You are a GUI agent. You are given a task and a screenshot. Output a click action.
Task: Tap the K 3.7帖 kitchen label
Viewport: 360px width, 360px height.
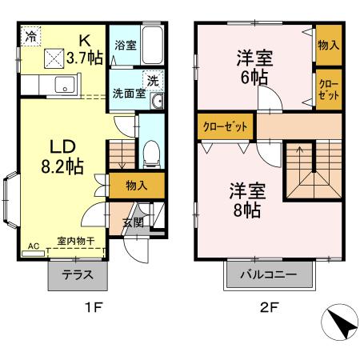pyautogui.click(x=84, y=49)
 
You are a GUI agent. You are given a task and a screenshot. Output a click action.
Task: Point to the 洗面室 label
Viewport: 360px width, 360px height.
pyautogui.click(x=128, y=91)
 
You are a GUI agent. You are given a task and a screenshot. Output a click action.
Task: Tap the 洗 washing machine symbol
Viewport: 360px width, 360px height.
pyautogui.click(x=152, y=80)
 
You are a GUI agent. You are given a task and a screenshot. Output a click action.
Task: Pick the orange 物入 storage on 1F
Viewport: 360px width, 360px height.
pyautogui.click(x=136, y=185)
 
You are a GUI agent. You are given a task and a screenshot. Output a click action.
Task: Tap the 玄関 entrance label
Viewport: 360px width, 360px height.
pyautogui.click(x=134, y=222)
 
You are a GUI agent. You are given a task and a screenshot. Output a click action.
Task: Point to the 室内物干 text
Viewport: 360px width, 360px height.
pyautogui.click(x=74, y=240)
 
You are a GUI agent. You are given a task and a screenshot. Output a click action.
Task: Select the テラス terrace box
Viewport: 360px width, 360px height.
pyautogui.click(x=78, y=274)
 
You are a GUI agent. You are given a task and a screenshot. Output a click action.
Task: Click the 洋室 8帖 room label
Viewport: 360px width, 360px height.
pyautogui.click(x=245, y=199)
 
